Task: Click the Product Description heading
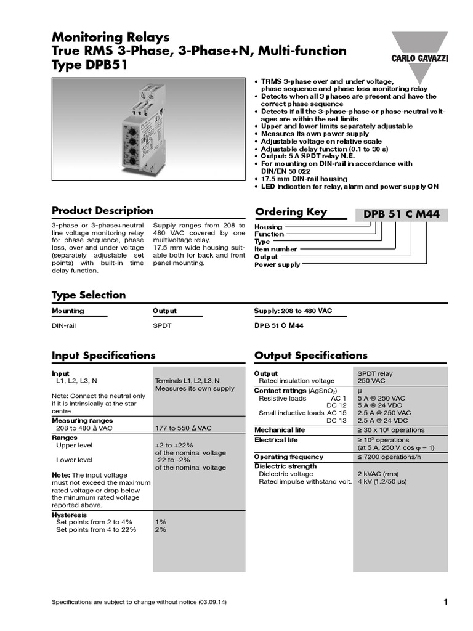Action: click(102, 211)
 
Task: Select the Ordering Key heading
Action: click(291, 212)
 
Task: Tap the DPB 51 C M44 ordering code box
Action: click(402, 214)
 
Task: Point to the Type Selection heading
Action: click(89, 295)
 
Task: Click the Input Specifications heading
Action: click(103, 356)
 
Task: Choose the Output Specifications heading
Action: click(310, 356)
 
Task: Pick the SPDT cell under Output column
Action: click(162, 325)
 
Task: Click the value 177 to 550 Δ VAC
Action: click(183, 428)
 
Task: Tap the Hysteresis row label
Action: click(69, 515)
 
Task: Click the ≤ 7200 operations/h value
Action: click(391, 457)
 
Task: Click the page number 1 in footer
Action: click(445, 601)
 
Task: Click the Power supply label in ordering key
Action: click(278, 264)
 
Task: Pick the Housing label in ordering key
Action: click(269, 227)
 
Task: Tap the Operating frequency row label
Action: click(288, 457)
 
